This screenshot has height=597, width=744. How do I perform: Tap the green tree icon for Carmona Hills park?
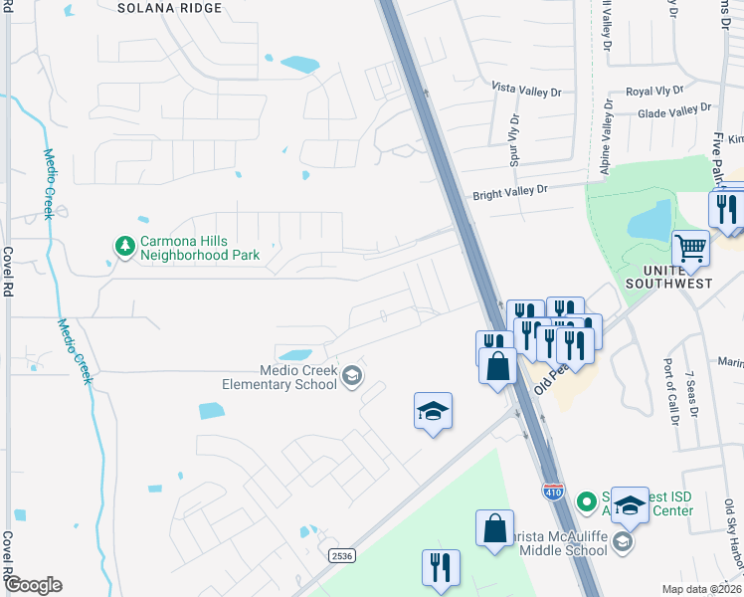coord(124,245)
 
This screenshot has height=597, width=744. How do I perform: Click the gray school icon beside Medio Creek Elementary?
coord(351,375)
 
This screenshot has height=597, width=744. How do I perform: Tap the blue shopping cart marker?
coord(690,248)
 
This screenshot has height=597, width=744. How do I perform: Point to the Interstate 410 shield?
coord(553,491)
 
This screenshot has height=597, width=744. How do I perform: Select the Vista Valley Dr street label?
coord(527,89)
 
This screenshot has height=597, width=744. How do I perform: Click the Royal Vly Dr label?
coord(653,92)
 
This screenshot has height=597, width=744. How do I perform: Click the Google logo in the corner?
coord(33,585)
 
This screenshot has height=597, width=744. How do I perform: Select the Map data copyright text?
coord(700,589)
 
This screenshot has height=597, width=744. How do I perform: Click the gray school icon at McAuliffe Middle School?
coord(623,541)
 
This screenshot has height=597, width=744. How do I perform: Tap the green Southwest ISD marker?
coord(588,500)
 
